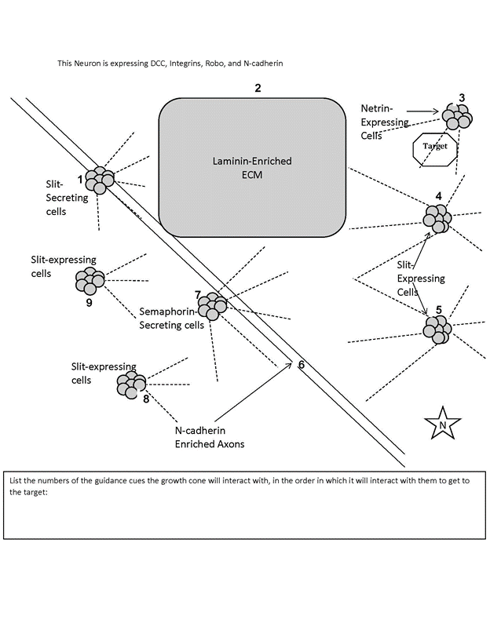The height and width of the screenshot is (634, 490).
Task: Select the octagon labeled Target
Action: click(434, 147)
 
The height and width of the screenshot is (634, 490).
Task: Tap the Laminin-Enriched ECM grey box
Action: click(253, 167)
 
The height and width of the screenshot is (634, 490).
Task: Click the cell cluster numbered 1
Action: click(100, 180)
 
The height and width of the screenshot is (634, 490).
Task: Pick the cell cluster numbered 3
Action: click(457, 116)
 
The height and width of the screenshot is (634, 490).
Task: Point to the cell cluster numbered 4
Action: click(438, 218)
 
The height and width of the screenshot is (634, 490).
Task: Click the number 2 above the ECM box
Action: click(258, 88)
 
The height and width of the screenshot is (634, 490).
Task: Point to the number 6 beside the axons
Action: click(301, 365)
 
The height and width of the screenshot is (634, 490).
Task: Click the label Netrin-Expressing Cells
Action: click(382, 121)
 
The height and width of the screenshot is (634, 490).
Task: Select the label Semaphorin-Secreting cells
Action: click(171, 316)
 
